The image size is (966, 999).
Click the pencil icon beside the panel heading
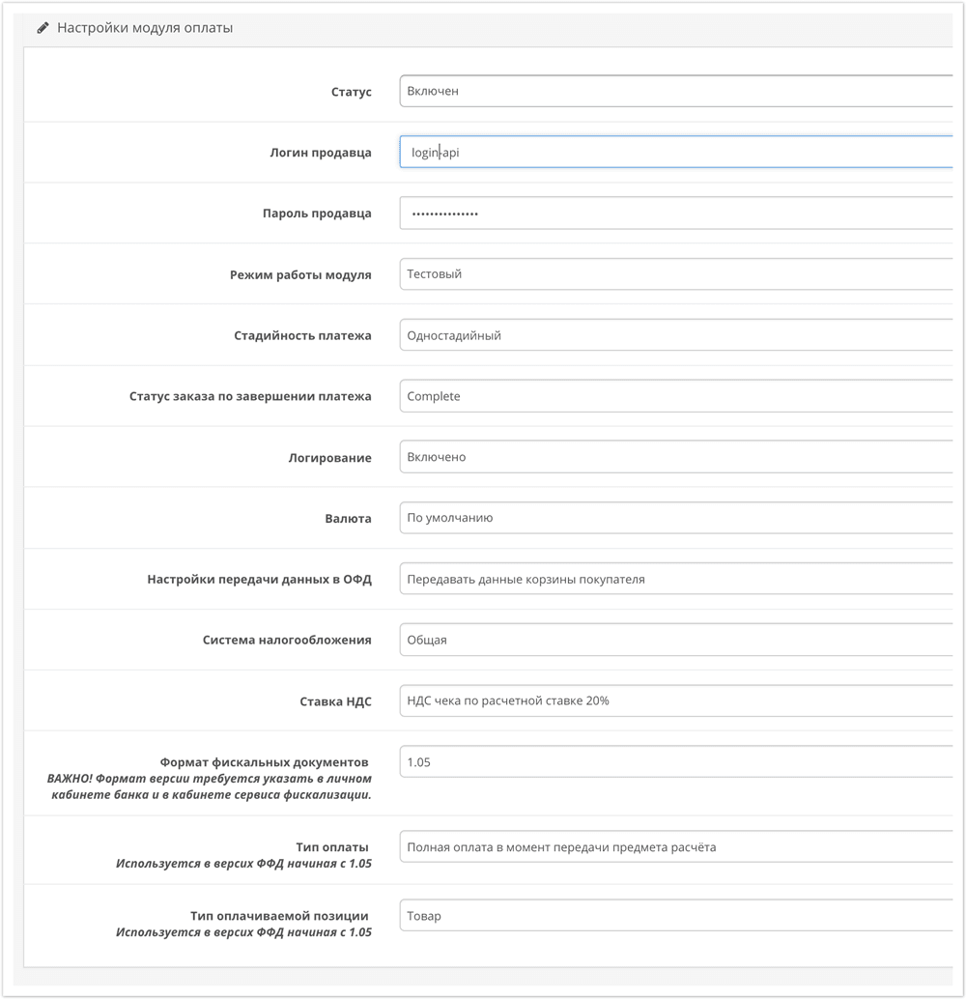click(43, 28)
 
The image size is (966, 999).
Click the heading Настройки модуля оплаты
click(145, 28)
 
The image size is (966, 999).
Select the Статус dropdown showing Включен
click(675, 91)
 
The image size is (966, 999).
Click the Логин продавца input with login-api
click(675, 152)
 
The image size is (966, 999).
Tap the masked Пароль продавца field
click(675, 214)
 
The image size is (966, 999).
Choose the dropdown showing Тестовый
click(675, 274)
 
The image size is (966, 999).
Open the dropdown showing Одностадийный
click(675, 335)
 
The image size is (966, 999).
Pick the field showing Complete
click(675, 396)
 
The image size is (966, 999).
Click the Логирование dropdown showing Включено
click(675, 457)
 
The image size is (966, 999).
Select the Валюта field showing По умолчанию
click(675, 518)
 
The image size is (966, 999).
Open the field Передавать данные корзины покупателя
click(675, 580)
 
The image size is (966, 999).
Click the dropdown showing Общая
click(675, 640)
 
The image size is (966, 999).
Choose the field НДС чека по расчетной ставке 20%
click(675, 700)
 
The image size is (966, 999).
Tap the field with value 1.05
click(675, 762)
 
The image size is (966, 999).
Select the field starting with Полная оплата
click(675, 847)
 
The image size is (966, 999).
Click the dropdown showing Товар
click(675, 916)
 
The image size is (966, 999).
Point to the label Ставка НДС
click(335, 701)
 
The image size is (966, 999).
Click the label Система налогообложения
click(287, 641)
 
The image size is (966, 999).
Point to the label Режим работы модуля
click(300, 275)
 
